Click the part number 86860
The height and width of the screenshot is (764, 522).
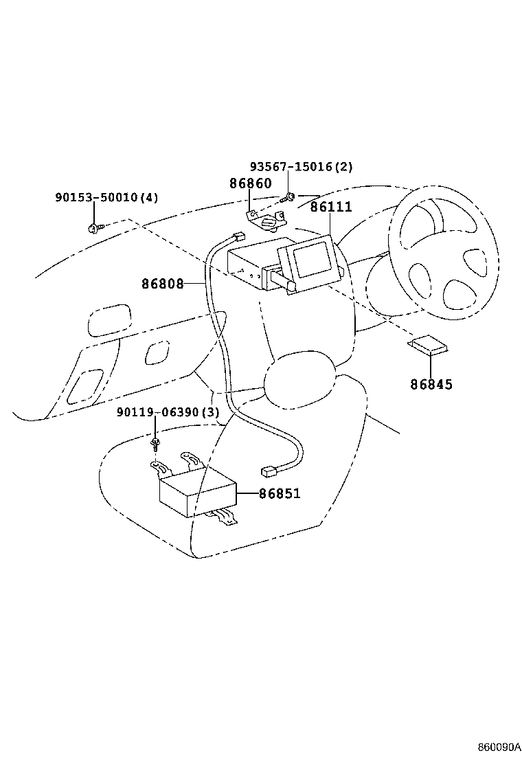pyautogui.click(x=250, y=183)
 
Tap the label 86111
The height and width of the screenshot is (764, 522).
pyautogui.click(x=330, y=207)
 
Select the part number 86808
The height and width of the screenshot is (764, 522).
pyautogui.click(x=163, y=283)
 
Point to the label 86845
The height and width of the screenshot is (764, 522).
pyautogui.click(x=431, y=384)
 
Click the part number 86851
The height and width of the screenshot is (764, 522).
pyautogui.click(x=280, y=493)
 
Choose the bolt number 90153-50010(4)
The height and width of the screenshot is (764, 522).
pyautogui.click(x=106, y=198)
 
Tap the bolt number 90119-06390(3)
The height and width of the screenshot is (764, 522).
pyautogui.click(x=168, y=412)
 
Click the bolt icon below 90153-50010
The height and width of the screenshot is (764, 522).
pyautogui.click(x=93, y=227)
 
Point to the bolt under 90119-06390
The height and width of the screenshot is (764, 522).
pyautogui.click(x=157, y=440)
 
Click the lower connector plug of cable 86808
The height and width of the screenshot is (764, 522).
pyautogui.click(x=269, y=471)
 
